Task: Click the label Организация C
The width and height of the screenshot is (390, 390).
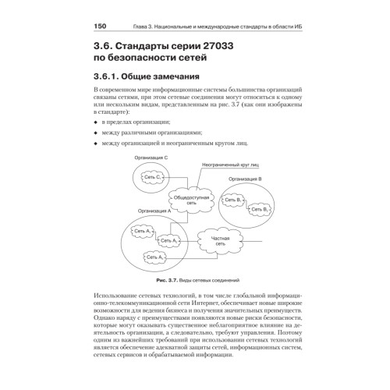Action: coord(152,158)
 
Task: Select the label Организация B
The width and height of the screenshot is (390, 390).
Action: coord(256,179)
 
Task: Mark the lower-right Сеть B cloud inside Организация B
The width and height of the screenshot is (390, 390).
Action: coord(261,209)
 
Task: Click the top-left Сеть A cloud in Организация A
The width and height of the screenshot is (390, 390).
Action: coord(144,232)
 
